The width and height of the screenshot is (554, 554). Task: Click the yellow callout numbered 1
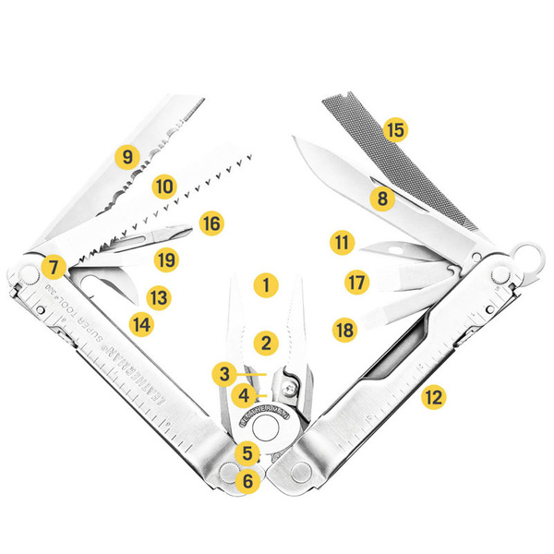[266, 284]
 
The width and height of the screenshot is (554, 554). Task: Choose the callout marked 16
[211, 223]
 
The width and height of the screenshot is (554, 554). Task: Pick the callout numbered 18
[345, 330]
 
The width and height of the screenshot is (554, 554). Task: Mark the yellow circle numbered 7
[54, 268]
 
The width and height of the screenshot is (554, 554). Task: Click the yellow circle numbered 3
[223, 374]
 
